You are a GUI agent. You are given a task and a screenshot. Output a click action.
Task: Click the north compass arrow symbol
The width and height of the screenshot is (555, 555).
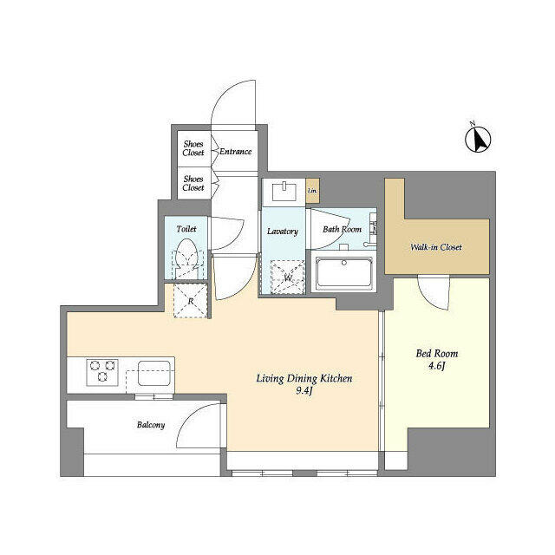click(x=480, y=138)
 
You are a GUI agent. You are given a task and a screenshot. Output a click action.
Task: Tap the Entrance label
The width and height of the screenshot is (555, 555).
click(x=235, y=152)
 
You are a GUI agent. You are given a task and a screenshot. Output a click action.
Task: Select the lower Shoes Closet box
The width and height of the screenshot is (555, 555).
click(x=193, y=183)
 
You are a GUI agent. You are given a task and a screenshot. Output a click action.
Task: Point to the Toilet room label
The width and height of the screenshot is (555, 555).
click(x=186, y=229)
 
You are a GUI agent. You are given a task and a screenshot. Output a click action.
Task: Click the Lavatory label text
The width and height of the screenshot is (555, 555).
click(x=283, y=232)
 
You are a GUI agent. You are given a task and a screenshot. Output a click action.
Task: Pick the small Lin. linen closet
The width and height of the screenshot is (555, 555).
click(x=312, y=192)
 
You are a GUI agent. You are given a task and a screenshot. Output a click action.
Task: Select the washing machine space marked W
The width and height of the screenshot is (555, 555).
click(x=286, y=277)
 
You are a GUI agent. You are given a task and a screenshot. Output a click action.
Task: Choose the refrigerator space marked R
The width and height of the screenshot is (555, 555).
click(x=191, y=301)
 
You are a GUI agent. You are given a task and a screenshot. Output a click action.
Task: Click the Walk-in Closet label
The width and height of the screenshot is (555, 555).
click(x=436, y=247)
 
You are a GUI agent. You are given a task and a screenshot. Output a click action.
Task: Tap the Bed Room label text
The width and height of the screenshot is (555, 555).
click(x=437, y=354)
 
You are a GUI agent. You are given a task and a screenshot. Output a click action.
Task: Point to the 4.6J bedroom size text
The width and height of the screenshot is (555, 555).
click(x=437, y=368)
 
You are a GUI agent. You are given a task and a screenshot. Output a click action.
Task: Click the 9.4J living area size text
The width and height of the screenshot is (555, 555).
click(x=304, y=393)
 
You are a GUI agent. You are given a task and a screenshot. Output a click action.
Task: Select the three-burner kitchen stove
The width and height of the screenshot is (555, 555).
click(x=102, y=373)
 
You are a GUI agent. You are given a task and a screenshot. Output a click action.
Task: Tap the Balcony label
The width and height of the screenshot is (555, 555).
click(x=151, y=425)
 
